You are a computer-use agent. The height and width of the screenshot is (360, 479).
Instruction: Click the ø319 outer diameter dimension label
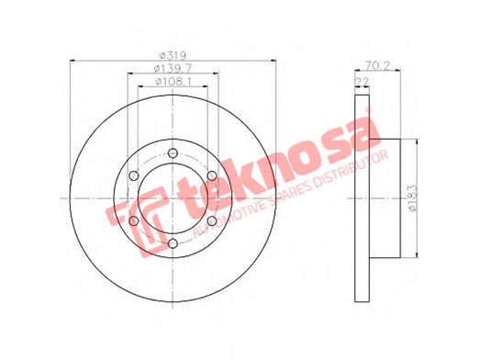(173, 56)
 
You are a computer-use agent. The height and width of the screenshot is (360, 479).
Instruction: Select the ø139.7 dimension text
(173, 69)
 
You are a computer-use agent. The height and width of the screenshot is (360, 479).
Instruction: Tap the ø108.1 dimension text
(173, 82)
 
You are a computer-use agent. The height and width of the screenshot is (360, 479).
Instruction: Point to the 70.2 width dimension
(378, 65)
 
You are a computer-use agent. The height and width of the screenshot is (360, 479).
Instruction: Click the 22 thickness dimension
(362, 82)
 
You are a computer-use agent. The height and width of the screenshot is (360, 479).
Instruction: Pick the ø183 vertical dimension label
(413, 198)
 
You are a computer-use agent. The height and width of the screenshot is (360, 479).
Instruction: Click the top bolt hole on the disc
(173, 153)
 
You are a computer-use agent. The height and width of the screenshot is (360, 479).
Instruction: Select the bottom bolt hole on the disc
(173, 243)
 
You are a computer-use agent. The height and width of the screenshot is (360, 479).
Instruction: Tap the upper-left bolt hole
(134, 175)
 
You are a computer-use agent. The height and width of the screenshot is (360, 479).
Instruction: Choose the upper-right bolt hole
(212, 175)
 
